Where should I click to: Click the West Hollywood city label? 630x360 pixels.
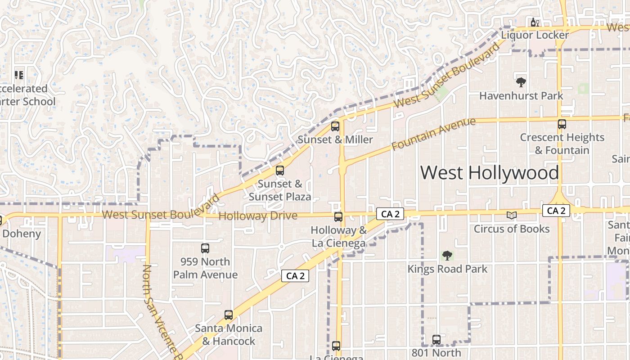point(490,173)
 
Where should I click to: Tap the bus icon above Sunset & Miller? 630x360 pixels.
point(335,126)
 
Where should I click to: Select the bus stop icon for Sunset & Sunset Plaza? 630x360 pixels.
point(280,171)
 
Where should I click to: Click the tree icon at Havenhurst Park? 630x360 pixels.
point(521,82)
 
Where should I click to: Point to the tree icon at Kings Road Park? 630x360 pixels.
point(447,256)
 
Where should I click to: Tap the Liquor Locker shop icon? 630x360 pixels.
point(535,22)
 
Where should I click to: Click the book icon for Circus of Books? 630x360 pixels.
point(511,215)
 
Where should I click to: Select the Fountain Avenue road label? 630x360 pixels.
point(433,134)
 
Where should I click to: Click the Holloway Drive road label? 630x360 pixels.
point(258,216)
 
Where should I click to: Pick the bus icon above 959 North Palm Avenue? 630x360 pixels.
point(205,248)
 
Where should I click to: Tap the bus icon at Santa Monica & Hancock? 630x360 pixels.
point(229,315)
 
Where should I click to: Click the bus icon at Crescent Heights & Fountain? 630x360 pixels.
point(562,124)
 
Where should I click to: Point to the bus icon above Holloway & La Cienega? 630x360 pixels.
point(338,217)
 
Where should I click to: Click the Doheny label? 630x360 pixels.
point(22,234)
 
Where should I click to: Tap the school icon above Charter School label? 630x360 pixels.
point(19,75)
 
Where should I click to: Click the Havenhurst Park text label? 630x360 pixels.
point(521,96)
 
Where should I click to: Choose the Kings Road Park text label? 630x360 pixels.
point(447,269)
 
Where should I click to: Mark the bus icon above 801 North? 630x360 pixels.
point(436,340)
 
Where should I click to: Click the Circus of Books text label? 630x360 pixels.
point(512,229)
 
